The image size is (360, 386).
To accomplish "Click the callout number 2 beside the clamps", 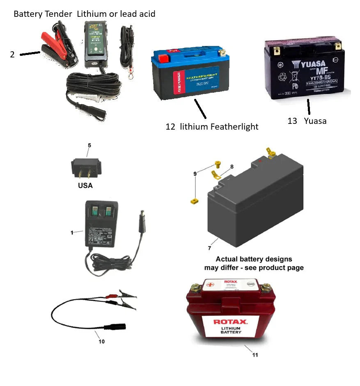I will click(12, 54).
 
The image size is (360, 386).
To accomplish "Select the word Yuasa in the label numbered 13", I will click(315, 121).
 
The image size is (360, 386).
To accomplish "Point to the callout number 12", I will click(170, 127).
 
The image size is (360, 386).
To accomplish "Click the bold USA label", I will click(85, 185).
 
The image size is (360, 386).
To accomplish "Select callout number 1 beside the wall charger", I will click(72, 233).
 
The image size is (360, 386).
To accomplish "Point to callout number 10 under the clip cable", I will click(101, 341).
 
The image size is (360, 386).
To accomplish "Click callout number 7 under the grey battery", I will click(210, 249).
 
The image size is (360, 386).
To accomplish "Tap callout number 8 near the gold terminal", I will click(232, 167).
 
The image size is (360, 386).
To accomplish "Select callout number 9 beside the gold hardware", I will click(195, 174).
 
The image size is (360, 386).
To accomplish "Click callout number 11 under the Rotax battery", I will click(255, 355).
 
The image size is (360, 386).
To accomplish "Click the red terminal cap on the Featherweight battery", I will click(163, 55).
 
